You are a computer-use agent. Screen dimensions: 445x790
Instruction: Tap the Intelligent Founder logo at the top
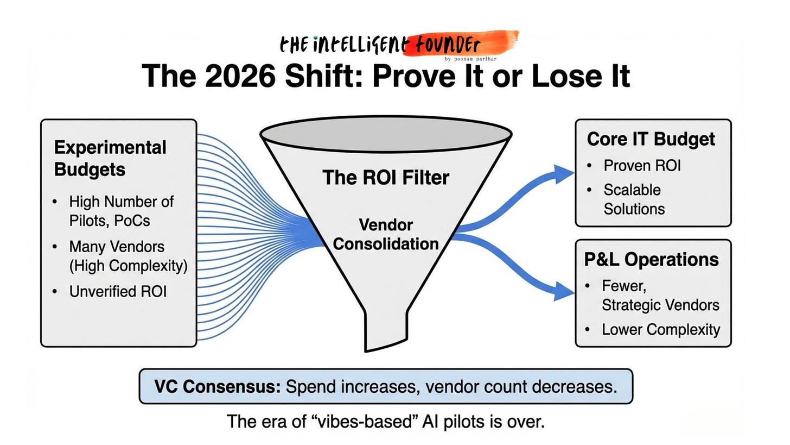pyautogui.click(x=399, y=43)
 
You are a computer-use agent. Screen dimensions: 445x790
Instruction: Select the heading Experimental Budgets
pyautogui.click(x=110, y=158)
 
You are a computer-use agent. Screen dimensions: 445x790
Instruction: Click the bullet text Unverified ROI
pyautogui.click(x=118, y=292)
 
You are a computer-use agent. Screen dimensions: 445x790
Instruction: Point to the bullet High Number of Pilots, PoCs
pyautogui.click(x=121, y=211)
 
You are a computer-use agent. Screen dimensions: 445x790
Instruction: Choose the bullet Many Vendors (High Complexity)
pyautogui.click(x=128, y=256)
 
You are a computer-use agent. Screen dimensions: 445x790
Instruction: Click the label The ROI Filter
pyautogui.click(x=386, y=177)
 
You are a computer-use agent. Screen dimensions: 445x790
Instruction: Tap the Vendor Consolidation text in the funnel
pyautogui.click(x=386, y=234)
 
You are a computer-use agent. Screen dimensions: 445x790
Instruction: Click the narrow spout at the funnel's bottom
pyautogui.click(x=386, y=331)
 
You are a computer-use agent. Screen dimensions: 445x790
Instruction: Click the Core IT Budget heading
pyautogui.click(x=651, y=139)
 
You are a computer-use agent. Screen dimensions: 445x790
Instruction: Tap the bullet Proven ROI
pyautogui.click(x=642, y=166)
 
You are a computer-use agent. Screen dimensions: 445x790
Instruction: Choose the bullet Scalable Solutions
pyautogui.click(x=634, y=199)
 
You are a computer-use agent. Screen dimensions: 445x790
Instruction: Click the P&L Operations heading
pyautogui.click(x=651, y=259)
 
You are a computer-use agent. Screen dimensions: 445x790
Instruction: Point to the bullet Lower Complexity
pyautogui.click(x=660, y=329)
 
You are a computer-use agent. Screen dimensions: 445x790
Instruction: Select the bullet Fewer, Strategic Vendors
pyautogui.click(x=660, y=295)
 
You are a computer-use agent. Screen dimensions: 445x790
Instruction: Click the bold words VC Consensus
pyautogui.click(x=217, y=387)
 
